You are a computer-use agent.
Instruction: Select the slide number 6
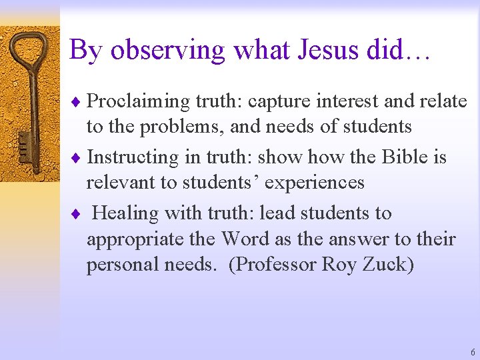(x=473, y=352)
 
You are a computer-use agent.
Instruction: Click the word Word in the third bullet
(x=247, y=239)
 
